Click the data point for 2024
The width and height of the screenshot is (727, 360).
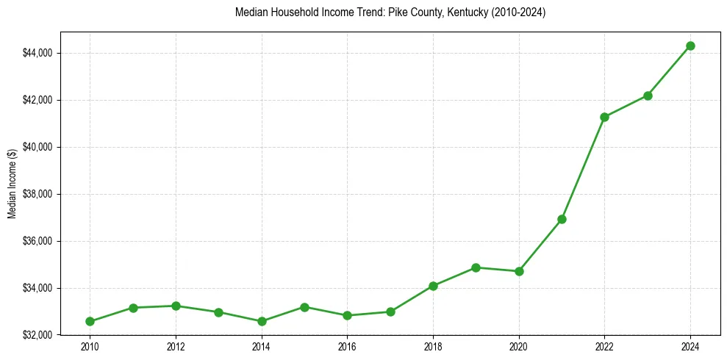(x=690, y=46)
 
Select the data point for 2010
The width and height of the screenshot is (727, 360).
(x=90, y=321)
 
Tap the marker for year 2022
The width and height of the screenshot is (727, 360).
(x=604, y=117)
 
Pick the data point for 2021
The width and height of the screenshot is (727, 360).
(x=562, y=219)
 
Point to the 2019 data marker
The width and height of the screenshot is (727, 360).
(x=476, y=267)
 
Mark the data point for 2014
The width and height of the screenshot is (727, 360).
(x=262, y=321)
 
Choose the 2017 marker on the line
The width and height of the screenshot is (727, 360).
(x=390, y=312)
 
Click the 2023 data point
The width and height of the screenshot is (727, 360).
(x=648, y=96)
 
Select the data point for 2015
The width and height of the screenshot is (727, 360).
(x=304, y=307)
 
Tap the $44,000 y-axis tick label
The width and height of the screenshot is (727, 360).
(x=37, y=53)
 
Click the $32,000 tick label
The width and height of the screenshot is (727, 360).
(x=37, y=335)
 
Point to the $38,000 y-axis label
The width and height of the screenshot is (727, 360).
(x=37, y=194)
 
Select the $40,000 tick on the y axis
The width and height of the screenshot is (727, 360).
(x=37, y=147)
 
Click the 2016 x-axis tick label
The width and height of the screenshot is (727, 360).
(x=347, y=346)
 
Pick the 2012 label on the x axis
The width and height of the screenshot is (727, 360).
(x=176, y=346)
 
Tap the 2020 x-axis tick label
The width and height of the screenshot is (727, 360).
(x=519, y=346)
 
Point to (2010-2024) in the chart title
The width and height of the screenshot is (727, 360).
(x=518, y=12)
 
